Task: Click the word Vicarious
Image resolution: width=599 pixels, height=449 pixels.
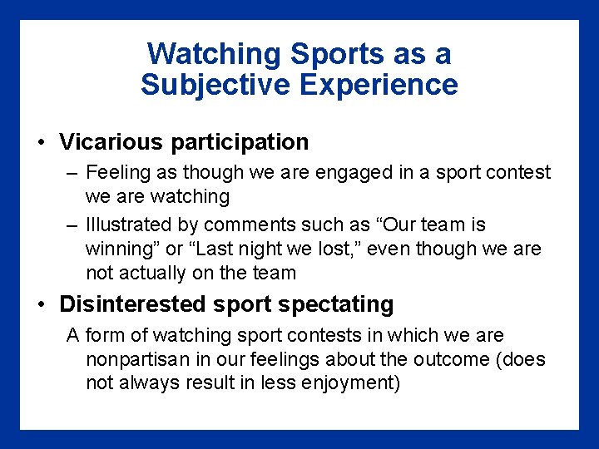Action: tap(111, 142)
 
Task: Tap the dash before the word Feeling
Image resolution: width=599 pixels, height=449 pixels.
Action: tap(72, 173)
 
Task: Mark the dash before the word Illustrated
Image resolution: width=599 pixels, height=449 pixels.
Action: tap(72, 225)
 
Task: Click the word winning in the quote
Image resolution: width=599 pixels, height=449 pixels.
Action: tap(119, 249)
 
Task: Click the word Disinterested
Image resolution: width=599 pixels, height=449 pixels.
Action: tap(133, 304)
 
